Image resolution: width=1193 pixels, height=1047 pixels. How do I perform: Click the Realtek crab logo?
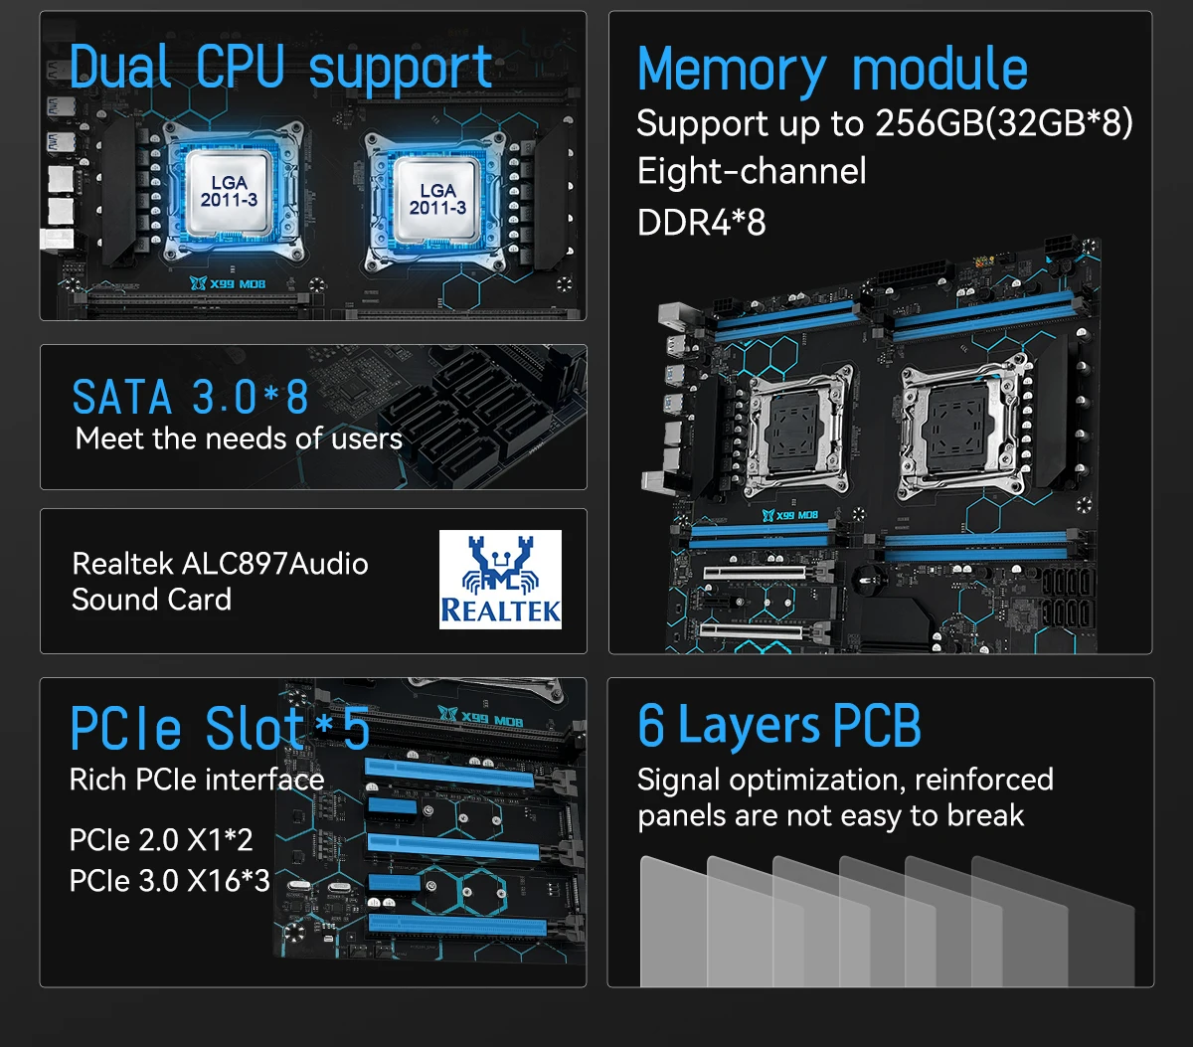point(500,580)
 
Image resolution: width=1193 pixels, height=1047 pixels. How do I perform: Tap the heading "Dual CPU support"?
point(281,69)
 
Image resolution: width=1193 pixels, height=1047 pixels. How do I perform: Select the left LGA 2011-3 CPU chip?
point(229,192)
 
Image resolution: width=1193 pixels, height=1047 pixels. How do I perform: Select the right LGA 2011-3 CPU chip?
point(437,200)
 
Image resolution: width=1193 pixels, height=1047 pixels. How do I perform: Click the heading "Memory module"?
point(833,71)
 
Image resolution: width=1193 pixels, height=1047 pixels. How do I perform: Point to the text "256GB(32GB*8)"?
point(1004,123)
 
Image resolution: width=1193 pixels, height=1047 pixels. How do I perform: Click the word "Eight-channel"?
point(752,171)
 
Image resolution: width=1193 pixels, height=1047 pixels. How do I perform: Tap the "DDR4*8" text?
point(701,223)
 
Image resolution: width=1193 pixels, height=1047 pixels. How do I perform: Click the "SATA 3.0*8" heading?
point(190,397)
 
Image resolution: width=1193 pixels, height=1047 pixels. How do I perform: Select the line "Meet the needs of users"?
point(239,438)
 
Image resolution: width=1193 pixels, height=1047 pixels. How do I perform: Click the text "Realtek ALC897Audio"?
point(221,564)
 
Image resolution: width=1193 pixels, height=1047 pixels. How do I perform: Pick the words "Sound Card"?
point(151,600)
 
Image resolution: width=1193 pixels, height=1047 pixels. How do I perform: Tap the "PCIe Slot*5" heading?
point(220,729)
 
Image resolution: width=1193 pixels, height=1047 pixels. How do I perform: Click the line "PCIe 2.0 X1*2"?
point(161,839)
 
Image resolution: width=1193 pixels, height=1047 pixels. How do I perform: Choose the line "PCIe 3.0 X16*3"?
point(170,880)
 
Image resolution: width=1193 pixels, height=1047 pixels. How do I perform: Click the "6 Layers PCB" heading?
point(779,726)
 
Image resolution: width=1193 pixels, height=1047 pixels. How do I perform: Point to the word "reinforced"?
point(984,780)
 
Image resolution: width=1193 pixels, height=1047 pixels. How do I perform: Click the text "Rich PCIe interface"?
point(197,780)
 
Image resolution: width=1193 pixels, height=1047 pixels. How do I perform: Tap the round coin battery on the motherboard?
point(866,580)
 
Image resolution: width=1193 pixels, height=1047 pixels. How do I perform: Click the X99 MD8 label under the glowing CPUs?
point(228,283)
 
